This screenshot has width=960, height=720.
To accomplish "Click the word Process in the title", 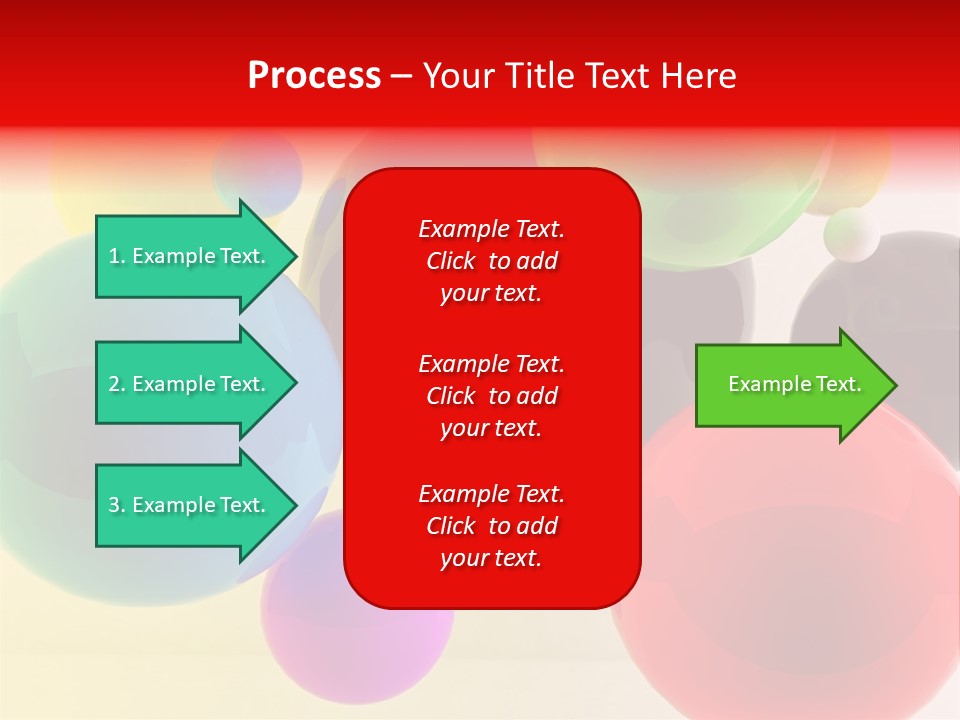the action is point(315,76).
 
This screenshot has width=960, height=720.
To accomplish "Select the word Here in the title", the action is point(699,76).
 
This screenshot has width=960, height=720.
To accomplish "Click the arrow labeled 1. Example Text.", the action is point(197,256).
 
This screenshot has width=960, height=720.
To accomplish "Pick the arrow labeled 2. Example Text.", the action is point(197,383).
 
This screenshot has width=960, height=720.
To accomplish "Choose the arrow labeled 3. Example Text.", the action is point(197,505).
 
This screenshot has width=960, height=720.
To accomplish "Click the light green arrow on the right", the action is point(796,385).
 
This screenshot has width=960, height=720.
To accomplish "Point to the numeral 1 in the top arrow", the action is point(113,256).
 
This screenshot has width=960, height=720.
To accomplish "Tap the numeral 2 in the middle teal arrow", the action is point(114,384).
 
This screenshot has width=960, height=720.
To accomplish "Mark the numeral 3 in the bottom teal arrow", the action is point(114,505).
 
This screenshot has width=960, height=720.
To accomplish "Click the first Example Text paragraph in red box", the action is point(492,261).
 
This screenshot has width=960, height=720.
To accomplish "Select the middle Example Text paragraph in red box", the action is point(492,396).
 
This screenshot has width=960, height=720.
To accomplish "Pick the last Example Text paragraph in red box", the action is point(492,525).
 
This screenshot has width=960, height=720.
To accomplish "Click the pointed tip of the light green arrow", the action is point(898,385).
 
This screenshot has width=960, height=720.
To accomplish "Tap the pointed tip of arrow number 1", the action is point(298,256).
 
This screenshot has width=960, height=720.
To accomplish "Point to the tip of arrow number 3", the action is point(298,505).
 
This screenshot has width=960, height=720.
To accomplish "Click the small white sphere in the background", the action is point(852,234).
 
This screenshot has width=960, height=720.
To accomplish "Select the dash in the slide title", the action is point(402,78).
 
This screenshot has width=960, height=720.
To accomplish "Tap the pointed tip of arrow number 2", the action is point(298,383).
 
